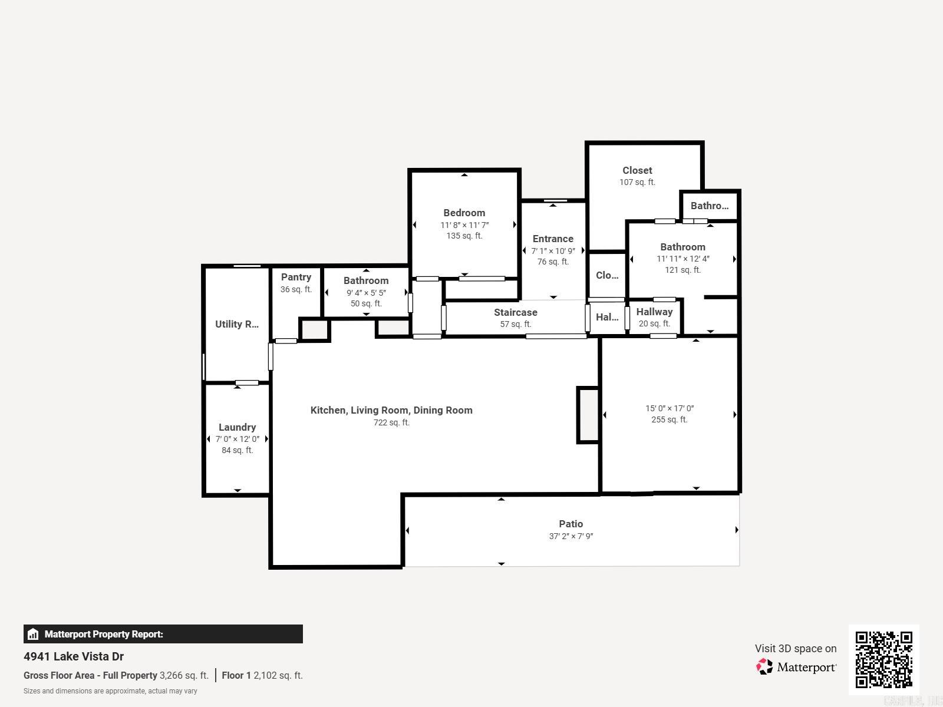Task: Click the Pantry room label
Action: pos(296,277)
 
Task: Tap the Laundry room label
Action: pos(237,427)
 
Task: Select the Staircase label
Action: pos(515,312)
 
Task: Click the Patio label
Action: pos(571,524)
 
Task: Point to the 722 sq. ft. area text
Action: pos(391,422)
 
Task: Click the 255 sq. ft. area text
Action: pos(669,419)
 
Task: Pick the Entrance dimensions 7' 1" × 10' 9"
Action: pos(553,251)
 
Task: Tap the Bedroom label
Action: pos(464,213)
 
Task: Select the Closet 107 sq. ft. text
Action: pos(637,182)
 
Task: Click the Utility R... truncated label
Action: pos(236,324)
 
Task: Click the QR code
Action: pos(883,659)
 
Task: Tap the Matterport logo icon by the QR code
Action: pos(764,667)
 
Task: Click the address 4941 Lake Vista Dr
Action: pos(74,656)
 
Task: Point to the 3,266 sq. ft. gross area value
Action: pos(184,676)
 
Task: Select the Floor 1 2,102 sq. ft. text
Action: pos(262,676)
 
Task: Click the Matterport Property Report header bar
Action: pos(163,634)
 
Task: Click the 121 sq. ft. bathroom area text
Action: pos(682,270)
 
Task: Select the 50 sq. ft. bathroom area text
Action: pos(365,303)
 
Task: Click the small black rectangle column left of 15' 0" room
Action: pos(588,415)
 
